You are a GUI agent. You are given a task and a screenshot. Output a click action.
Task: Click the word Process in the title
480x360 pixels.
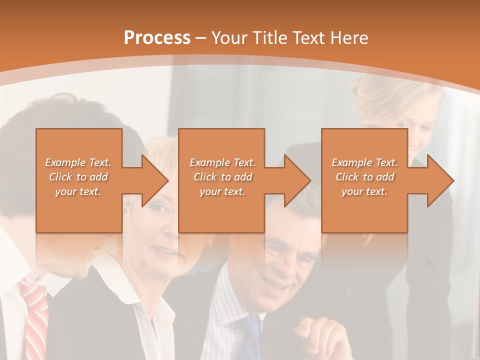[x=157, y=38]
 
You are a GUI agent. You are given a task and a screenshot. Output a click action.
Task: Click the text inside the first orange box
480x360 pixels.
[x=78, y=177]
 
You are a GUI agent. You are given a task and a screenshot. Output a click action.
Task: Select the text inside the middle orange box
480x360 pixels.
[x=222, y=177]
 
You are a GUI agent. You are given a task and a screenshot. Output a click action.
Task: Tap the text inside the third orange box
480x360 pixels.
[x=364, y=177]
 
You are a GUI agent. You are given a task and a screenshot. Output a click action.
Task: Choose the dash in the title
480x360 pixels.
[x=201, y=38]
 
